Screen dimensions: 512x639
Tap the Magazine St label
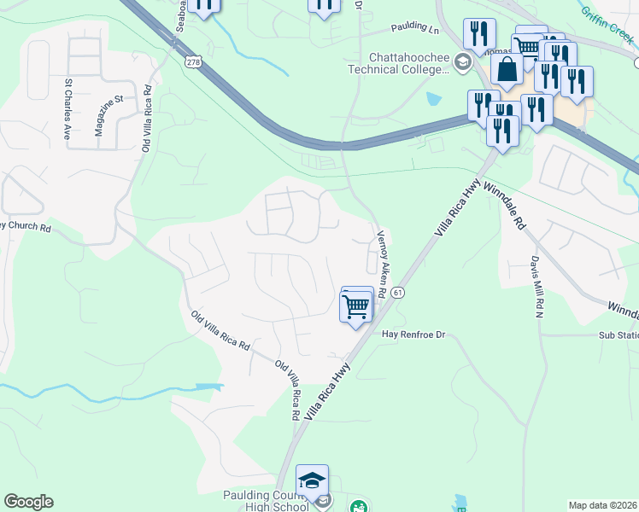(108, 114)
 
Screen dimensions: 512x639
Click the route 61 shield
(399, 293)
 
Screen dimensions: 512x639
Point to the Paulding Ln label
(414, 28)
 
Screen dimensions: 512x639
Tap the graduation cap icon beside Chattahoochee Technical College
(462, 61)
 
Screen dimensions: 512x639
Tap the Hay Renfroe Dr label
(414, 335)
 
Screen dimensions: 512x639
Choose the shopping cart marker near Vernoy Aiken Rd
(356, 305)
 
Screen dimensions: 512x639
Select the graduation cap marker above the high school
(312, 480)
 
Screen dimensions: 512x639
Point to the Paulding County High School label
(266, 501)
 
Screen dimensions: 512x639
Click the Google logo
(28, 502)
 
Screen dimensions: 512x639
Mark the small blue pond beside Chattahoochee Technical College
(433, 99)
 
